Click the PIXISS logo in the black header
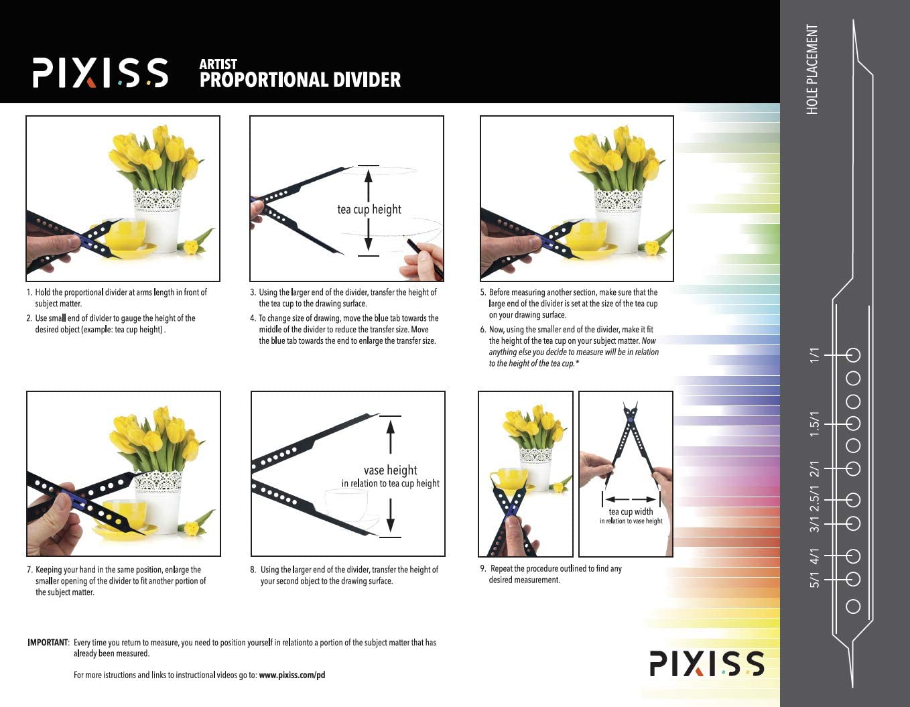[101, 72]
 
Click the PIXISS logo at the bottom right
[706, 663]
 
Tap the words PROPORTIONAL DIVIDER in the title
[300, 80]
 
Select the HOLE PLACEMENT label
[812, 70]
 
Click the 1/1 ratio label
[814, 355]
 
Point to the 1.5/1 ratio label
[814, 424]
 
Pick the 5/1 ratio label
[814, 580]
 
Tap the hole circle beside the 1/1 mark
[853, 355]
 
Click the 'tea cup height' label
[369, 209]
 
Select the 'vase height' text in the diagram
[390, 470]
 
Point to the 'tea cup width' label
[631, 511]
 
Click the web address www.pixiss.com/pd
[291, 675]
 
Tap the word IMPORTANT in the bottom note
[48, 643]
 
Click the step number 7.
[29, 570]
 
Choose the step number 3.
[253, 292]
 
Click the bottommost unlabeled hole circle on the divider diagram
[853, 606]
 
